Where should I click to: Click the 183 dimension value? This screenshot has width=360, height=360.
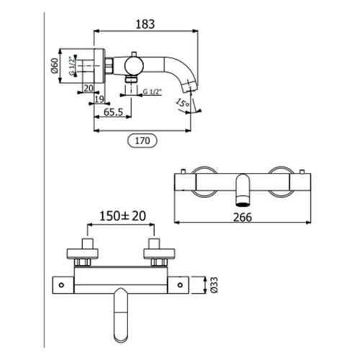coord(145,24)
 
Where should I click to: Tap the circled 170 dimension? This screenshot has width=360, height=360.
coord(142,140)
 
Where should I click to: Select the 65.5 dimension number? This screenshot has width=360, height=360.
coord(113,112)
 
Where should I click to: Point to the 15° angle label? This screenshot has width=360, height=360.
coord(183,103)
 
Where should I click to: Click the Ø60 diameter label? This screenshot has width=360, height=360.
coord(55,66)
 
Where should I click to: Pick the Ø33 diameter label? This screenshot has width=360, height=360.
coord(214,285)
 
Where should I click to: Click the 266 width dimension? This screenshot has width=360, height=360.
coord(243,217)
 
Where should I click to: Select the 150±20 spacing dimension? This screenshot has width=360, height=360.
coord(122,216)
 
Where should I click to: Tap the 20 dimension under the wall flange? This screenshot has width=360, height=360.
coord(89,89)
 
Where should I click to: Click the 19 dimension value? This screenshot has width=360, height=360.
coord(99,99)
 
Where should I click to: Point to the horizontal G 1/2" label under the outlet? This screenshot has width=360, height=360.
coord(153,91)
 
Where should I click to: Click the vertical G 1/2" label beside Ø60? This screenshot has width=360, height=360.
coord(71,66)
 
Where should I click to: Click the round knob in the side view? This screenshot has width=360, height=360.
coord(134,66)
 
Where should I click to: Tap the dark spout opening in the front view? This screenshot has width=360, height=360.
coord(243,204)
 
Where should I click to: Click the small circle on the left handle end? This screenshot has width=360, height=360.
coord(61,285)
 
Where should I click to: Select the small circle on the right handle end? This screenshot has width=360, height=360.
coord(180,285)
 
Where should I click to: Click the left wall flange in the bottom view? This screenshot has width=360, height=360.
coord(82,254)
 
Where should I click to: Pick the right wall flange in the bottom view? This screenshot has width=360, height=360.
coord(159,254)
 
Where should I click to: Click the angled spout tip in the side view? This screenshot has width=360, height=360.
coord(191,87)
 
